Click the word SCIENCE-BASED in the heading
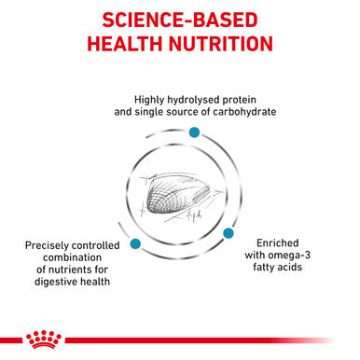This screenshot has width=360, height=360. [180, 21]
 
